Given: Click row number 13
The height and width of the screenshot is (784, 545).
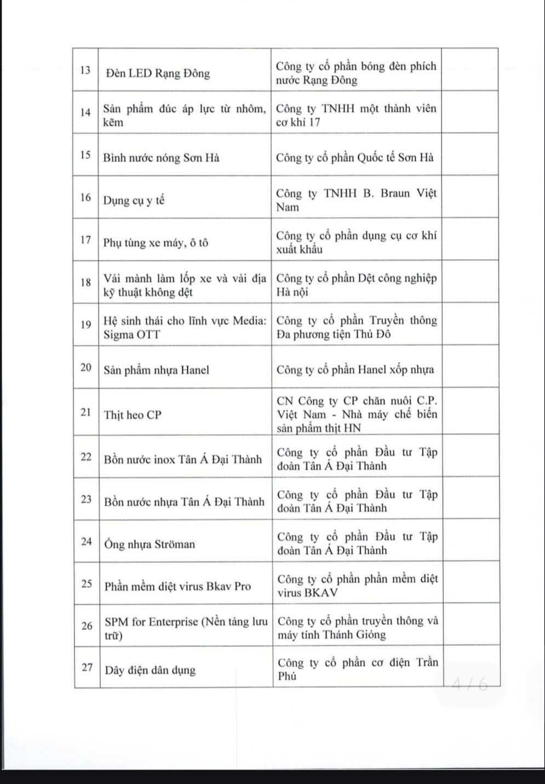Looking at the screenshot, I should pyautogui.click(x=85, y=71).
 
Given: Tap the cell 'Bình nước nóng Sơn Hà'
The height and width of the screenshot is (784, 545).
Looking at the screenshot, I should pyautogui.click(x=162, y=158).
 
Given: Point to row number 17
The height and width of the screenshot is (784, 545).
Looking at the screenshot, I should pyautogui.click(x=85, y=240).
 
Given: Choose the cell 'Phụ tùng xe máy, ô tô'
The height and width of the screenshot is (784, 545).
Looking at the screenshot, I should pyautogui.click(x=156, y=243).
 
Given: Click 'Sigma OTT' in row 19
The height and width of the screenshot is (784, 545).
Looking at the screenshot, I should pyautogui.click(x=132, y=334).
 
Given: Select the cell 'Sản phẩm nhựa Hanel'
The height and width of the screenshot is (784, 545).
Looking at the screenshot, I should pyautogui.click(x=157, y=370).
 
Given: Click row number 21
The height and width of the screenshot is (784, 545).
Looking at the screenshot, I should pyautogui.click(x=86, y=412).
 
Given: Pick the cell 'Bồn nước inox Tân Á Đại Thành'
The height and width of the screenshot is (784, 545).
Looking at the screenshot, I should pyautogui.click(x=183, y=459).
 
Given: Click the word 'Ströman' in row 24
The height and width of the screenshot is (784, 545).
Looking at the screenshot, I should pyautogui.click(x=175, y=544).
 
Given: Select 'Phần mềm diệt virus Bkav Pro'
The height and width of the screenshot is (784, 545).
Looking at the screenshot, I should pyautogui.click(x=177, y=586).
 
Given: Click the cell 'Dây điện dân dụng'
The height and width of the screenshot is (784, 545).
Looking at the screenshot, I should pyautogui.click(x=150, y=671).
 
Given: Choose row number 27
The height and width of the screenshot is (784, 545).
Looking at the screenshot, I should pyautogui.click(x=87, y=667).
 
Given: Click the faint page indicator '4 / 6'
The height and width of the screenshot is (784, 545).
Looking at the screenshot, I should pyautogui.click(x=469, y=684).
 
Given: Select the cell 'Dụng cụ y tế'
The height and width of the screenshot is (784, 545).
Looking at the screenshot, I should pyautogui.click(x=134, y=201).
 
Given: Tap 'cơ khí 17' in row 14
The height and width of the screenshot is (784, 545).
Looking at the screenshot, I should pyautogui.click(x=298, y=122).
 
